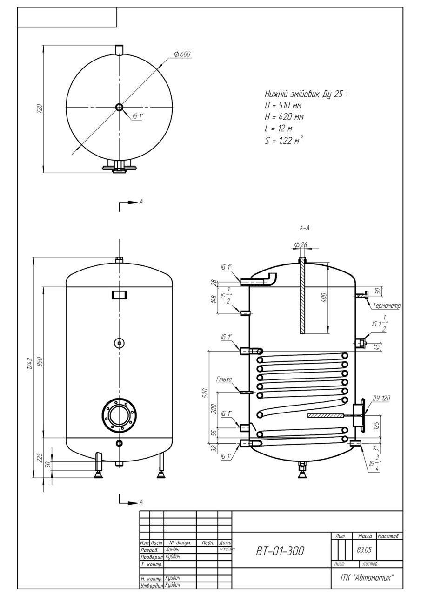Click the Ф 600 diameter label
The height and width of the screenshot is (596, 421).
point(182,54)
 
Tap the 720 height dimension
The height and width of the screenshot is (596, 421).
point(40,109)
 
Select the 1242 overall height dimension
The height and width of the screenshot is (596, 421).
point(29,366)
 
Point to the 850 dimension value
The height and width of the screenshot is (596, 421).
point(40,362)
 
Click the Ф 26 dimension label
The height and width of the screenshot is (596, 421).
point(301,245)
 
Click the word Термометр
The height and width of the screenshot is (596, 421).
point(387,306)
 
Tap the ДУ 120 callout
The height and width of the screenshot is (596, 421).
point(381,399)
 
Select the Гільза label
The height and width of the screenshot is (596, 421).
point(224,380)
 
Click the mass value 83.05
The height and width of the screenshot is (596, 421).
point(364,549)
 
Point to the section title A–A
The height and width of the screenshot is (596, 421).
point(305,228)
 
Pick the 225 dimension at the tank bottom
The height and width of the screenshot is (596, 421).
point(40,457)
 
